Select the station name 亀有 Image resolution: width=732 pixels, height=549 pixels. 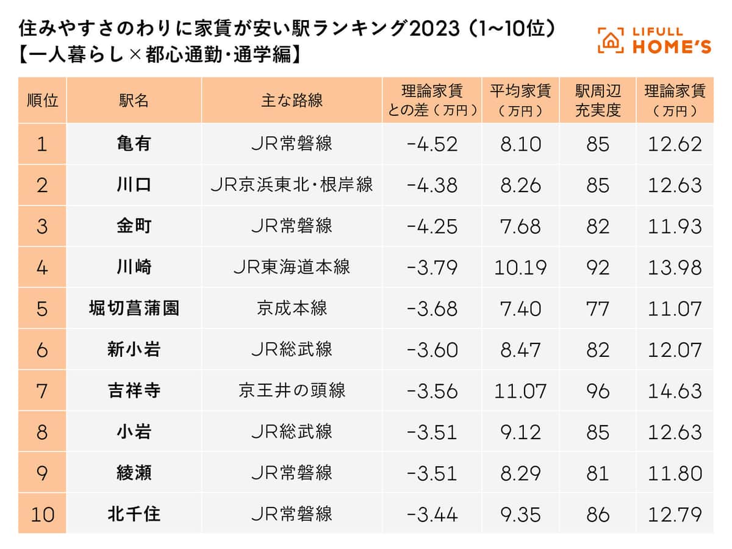pos(134,144)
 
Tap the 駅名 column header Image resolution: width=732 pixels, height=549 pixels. pos(134,101)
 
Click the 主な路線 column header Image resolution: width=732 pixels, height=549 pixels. pos(292,101)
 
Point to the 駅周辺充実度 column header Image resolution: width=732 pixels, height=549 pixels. pos(598,101)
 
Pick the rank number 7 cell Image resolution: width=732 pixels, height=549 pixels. pos(42,391)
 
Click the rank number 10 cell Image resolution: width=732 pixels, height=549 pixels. pos(42,514)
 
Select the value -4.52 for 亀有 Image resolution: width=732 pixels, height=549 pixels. pos(431,144)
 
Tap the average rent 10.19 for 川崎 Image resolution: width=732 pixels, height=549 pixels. pos(520,268)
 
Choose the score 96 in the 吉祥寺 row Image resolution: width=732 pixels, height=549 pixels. pos(598,391)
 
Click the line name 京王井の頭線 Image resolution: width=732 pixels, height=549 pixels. pos(292,391)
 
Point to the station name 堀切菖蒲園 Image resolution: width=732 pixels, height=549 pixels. pos(134,309)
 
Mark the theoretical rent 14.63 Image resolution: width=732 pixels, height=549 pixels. pos(675,391)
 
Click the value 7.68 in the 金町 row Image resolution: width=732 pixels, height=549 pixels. pos(520,226)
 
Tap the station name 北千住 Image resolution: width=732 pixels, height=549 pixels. pos(134,514)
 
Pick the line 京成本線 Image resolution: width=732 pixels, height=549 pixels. pos(292,309)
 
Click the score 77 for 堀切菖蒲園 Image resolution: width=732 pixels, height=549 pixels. pos(598,309)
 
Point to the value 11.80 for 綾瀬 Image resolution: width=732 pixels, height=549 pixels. pos(675,473)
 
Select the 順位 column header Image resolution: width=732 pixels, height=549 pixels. pos(42,101)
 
